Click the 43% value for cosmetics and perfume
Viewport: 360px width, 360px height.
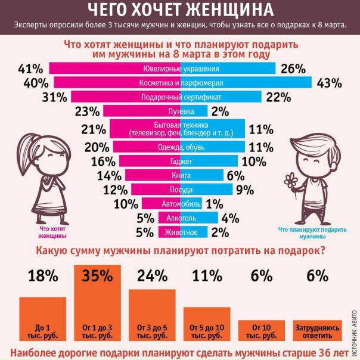click(x=329, y=83)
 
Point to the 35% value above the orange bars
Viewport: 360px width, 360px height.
click(x=98, y=276)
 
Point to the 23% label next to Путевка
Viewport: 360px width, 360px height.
click(x=87, y=111)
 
